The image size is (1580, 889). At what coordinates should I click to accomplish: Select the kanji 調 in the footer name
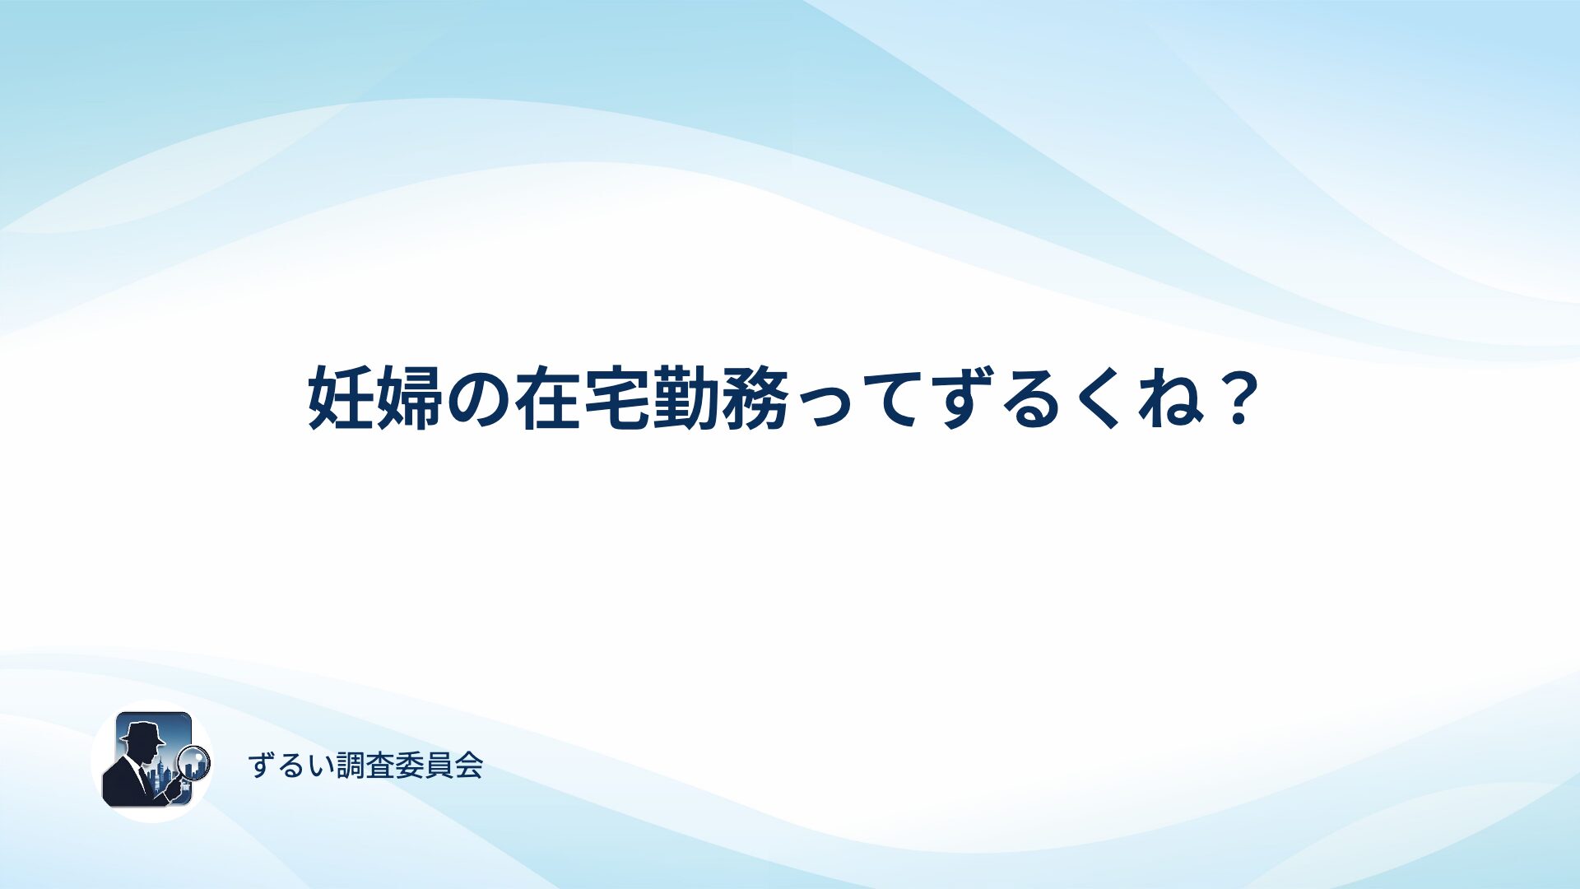[x=351, y=766]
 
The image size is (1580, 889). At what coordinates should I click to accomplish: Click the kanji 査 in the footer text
[x=381, y=766]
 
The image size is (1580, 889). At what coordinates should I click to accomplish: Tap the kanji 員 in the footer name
[x=440, y=766]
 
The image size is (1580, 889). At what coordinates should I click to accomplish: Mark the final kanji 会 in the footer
[x=469, y=766]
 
